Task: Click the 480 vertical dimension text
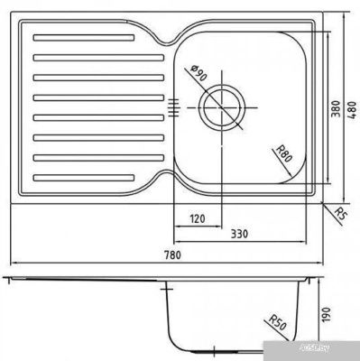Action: [x=352, y=109]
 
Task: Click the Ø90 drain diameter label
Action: [x=198, y=75]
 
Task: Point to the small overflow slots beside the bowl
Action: [x=173, y=107]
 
